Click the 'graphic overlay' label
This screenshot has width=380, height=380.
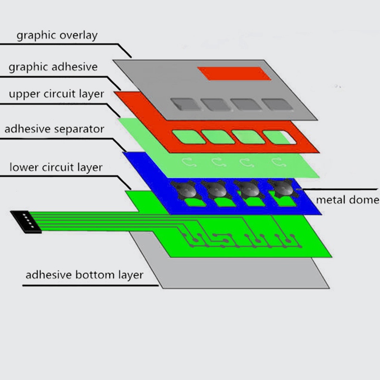pyautogui.click(x=57, y=35)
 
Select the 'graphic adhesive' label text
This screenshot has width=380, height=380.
pyautogui.click(x=53, y=67)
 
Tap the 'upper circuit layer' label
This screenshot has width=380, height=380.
pyautogui.click(x=57, y=94)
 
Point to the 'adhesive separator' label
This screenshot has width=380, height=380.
pyautogui.click(x=54, y=129)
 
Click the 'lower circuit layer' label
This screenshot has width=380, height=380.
pyautogui.click(x=56, y=168)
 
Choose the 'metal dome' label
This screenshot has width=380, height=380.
pyautogui.click(x=348, y=200)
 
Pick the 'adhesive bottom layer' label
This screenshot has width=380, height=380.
pyautogui.click(x=85, y=275)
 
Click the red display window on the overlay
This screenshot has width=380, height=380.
pyautogui.click(x=234, y=74)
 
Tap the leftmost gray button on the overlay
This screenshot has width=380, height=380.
pyautogui.click(x=186, y=104)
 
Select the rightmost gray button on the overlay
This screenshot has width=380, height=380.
pyautogui.click(x=278, y=104)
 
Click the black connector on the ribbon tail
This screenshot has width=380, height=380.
pyautogui.click(x=26, y=222)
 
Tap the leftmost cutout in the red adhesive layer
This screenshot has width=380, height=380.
pyautogui.click(x=189, y=137)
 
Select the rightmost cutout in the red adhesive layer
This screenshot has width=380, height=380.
pyautogui.click(x=279, y=137)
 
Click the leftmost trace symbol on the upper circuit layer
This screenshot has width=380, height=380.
pyautogui.click(x=189, y=162)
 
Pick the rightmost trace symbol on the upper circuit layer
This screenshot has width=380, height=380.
pyautogui.click(x=279, y=162)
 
